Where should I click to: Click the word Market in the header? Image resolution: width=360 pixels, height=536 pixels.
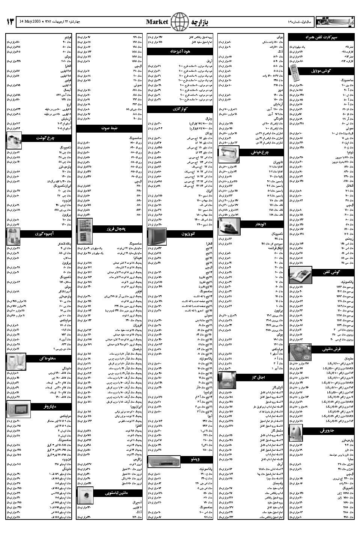point(157,22)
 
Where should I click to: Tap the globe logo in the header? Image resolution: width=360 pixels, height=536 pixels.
point(180,21)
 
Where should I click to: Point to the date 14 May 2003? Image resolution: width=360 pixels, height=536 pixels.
point(31,21)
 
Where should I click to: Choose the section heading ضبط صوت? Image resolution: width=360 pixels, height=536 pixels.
point(109,128)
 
